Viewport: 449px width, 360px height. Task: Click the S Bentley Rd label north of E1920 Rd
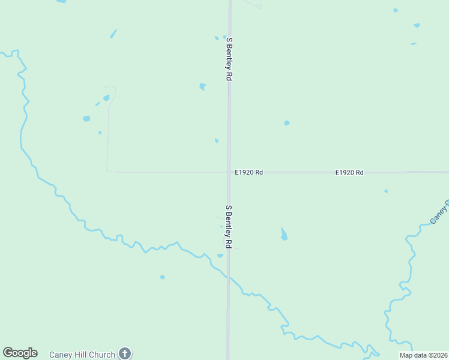click(229, 59)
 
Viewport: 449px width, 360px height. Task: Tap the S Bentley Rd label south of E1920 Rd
click(229, 227)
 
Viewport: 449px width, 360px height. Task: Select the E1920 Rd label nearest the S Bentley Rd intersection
click(249, 172)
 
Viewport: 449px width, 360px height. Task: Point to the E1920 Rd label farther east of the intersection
click(349, 172)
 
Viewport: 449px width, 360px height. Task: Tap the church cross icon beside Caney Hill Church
click(125, 353)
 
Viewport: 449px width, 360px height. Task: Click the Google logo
click(20, 353)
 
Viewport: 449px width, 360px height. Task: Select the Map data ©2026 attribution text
click(424, 355)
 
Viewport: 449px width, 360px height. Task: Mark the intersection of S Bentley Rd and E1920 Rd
click(229, 172)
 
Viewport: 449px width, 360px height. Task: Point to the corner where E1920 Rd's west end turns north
click(108, 170)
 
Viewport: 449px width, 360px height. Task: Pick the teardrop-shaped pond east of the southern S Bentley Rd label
click(283, 234)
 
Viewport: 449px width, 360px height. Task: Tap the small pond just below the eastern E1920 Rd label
click(386, 191)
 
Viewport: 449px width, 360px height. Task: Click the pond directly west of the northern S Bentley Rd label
click(203, 86)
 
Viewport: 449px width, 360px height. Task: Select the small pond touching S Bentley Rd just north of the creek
click(220, 256)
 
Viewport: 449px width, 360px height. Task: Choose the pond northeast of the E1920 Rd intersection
click(287, 123)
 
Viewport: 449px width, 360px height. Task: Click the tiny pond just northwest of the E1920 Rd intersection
click(216, 140)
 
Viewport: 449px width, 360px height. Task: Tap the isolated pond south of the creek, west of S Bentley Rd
click(162, 277)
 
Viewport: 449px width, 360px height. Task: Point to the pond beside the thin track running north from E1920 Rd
click(106, 98)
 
